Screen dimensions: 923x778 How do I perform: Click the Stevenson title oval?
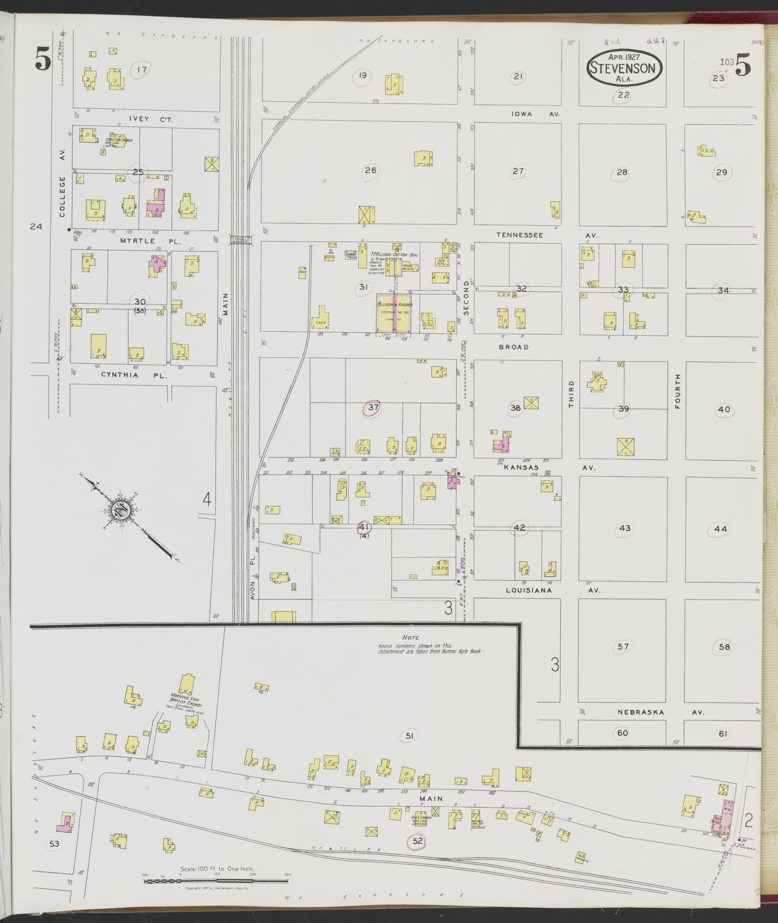pos(624,68)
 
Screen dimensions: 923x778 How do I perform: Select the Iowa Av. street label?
pos(535,114)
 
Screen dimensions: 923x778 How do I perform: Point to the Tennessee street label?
pos(520,235)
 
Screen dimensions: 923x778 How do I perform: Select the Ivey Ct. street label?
pos(145,120)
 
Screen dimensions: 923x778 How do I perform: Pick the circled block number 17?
pos(142,69)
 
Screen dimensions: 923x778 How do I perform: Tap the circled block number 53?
pos(54,844)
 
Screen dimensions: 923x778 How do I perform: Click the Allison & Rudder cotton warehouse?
pos(394,314)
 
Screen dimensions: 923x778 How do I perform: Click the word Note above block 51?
pos(411,638)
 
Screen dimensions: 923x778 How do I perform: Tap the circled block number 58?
pos(724,647)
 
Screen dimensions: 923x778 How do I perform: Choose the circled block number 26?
pos(371,171)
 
